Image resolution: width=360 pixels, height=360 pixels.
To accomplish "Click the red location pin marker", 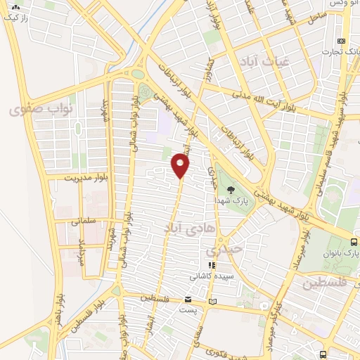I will [181, 165].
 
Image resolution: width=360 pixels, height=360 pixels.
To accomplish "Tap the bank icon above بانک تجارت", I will [342, 40].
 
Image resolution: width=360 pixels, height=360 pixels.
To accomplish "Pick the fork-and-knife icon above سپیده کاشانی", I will [210, 266].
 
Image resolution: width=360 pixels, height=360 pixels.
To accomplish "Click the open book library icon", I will [224, 301].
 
